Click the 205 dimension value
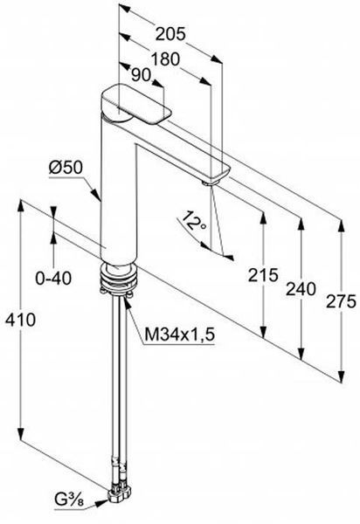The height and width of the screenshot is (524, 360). [x=170, y=34]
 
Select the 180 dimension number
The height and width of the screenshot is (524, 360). [x=165, y=59]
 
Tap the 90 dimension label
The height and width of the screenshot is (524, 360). [x=141, y=75]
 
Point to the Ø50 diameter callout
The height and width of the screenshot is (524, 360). [x=66, y=168]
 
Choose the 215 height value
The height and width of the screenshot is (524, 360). [x=263, y=275]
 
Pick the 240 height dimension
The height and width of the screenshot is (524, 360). [x=301, y=289]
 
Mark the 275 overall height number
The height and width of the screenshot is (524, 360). [x=341, y=302]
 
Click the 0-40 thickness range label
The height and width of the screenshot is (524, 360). [x=53, y=278]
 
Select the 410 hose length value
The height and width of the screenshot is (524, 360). [x=20, y=320]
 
